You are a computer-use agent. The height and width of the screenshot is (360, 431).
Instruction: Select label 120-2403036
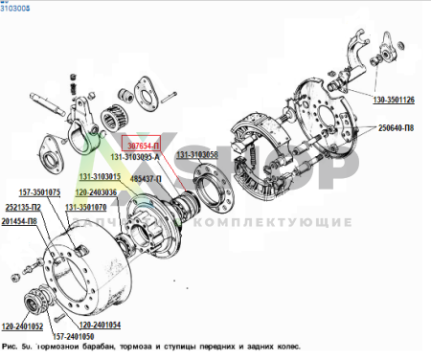(96, 191)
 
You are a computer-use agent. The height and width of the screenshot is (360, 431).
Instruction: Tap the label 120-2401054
(127, 326)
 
